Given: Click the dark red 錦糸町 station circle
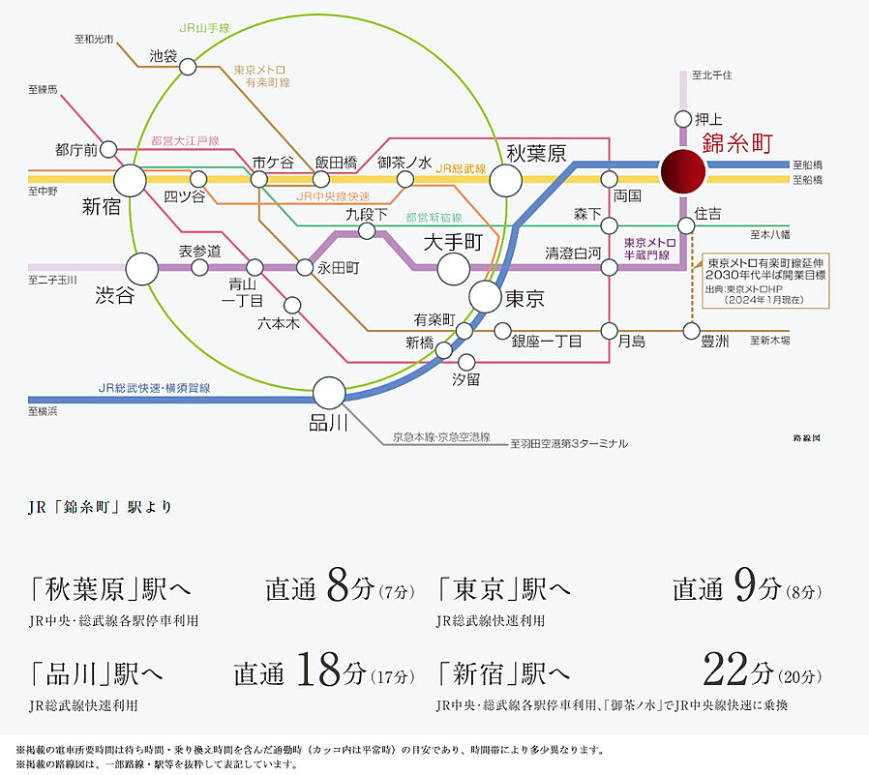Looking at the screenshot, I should [x=683, y=172].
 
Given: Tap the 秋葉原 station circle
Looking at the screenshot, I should [x=505, y=179].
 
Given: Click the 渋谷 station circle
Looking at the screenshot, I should [x=141, y=269].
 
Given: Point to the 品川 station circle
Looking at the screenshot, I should [x=329, y=393].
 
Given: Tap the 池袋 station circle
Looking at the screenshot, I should [x=188, y=66].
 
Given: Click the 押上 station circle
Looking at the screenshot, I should [x=683, y=119].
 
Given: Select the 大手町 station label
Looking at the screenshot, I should [x=452, y=241].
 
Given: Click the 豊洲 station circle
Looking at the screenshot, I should [x=691, y=331].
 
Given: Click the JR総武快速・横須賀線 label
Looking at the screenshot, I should [x=155, y=387].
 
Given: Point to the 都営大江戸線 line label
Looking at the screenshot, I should [x=185, y=141].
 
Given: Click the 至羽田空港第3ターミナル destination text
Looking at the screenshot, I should [x=569, y=443].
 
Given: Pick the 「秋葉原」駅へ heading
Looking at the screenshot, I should [x=97, y=588].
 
